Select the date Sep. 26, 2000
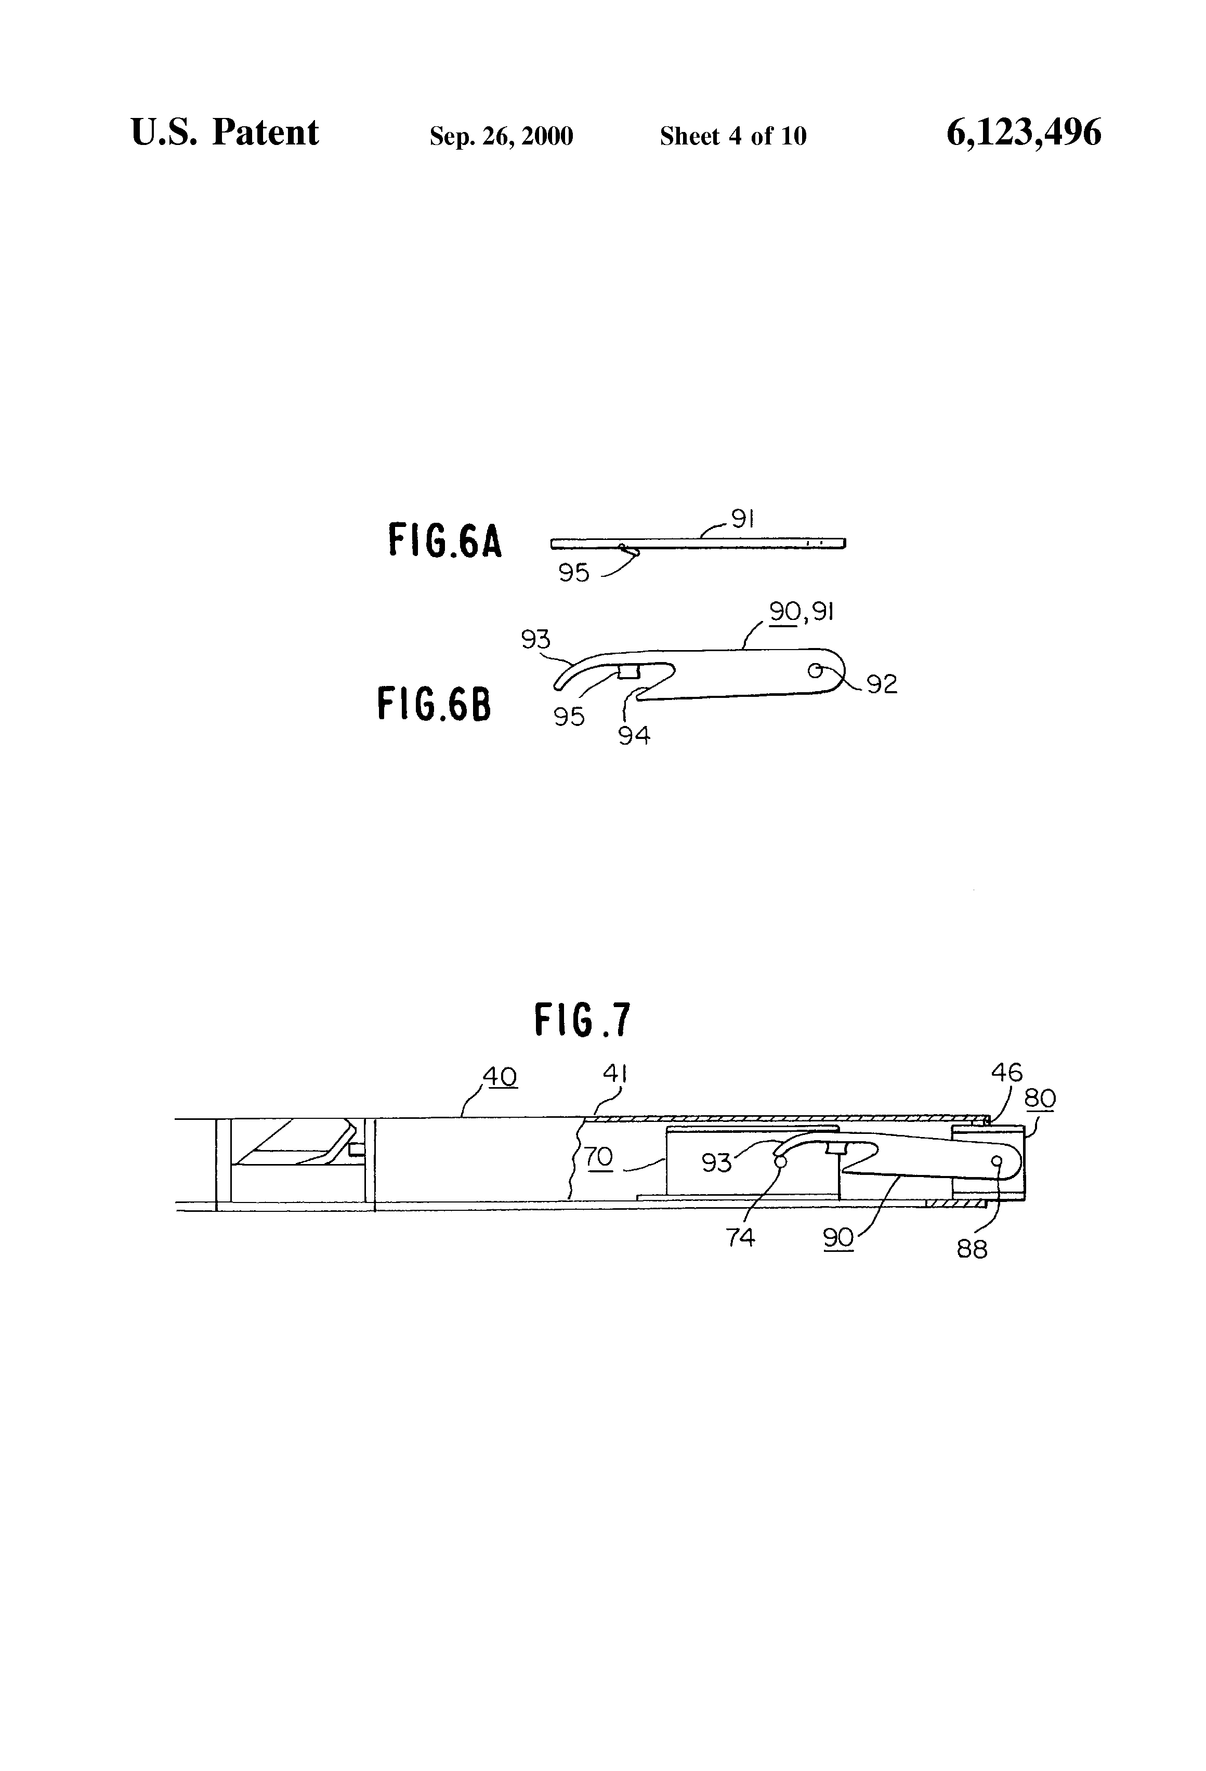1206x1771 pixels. pos(501,136)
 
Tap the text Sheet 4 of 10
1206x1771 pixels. pos(732,136)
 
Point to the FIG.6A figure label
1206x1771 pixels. pos(445,540)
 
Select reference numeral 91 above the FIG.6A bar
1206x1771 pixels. pos(742,519)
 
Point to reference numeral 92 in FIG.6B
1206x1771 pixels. pos(882,684)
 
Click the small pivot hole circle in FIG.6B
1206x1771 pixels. pos(815,670)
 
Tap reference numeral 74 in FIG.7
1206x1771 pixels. pos(740,1237)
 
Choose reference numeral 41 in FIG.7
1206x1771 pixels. pos(614,1074)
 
